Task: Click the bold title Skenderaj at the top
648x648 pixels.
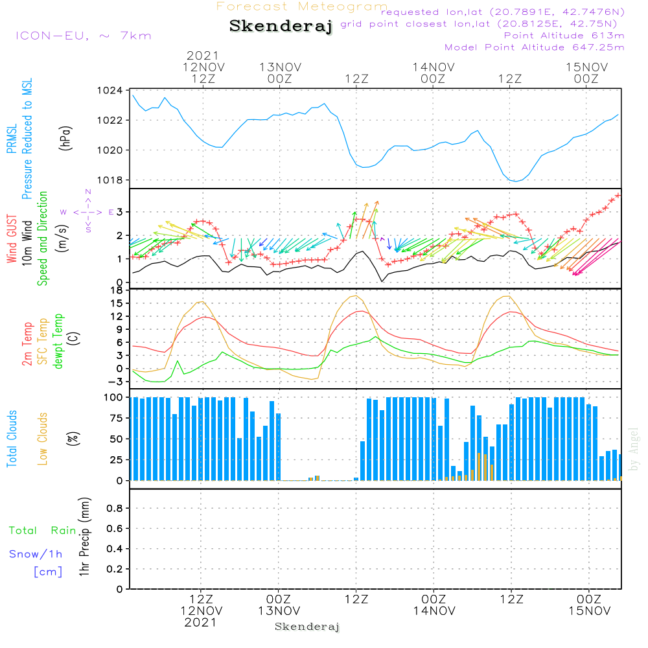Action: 281,27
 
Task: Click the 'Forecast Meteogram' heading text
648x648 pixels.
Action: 302,6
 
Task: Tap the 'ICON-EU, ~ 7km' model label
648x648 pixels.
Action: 83,36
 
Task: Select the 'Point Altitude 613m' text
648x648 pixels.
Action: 564,36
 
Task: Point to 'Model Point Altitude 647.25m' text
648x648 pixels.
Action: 535,47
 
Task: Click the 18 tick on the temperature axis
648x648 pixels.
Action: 117,290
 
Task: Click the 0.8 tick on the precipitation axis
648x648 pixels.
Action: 115,509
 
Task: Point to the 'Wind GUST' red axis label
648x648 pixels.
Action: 12,240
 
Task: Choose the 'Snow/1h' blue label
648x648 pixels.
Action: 36,554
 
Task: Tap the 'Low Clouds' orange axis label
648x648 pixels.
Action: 43,438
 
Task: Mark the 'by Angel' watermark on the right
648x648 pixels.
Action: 634,449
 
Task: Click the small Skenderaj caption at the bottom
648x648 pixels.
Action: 307,627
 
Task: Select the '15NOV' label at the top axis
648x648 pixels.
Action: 586,67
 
